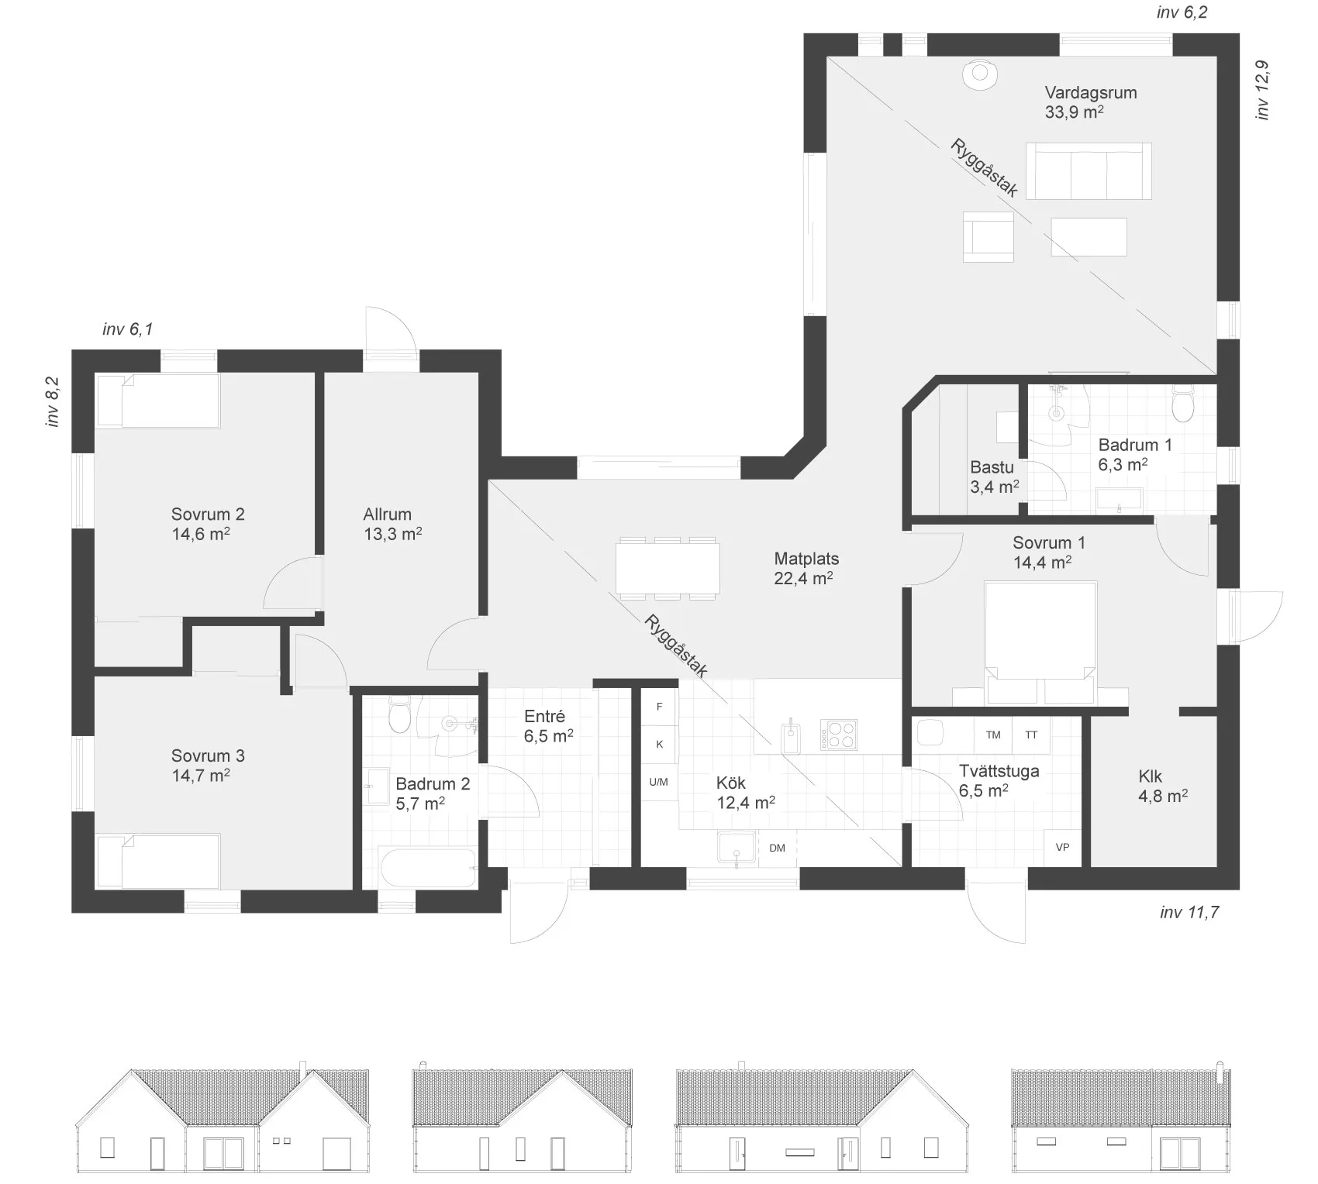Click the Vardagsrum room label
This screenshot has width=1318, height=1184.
point(1090,93)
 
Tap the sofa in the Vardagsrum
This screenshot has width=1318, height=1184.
point(1089,171)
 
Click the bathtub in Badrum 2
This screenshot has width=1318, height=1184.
point(428,869)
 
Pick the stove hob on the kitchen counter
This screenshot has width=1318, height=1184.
point(839,735)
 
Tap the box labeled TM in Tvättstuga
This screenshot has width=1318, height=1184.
point(993,735)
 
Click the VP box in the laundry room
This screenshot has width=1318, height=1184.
point(1063,847)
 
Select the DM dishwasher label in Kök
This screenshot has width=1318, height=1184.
point(777,848)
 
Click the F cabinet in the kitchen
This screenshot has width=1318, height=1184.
point(660,707)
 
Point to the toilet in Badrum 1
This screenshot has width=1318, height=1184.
point(1182,404)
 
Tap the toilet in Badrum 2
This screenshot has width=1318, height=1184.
point(399,714)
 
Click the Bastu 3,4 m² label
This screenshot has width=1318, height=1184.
point(994,477)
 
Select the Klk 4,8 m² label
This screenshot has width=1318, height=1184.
point(1162,786)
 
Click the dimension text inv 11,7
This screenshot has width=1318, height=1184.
point(1189,912)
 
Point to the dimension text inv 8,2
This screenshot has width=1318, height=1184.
point(53,401)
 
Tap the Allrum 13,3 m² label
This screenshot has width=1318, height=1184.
point(392,524)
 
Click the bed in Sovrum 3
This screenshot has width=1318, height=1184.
point(158,861)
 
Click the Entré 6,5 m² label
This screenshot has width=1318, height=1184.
point(548,726)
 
